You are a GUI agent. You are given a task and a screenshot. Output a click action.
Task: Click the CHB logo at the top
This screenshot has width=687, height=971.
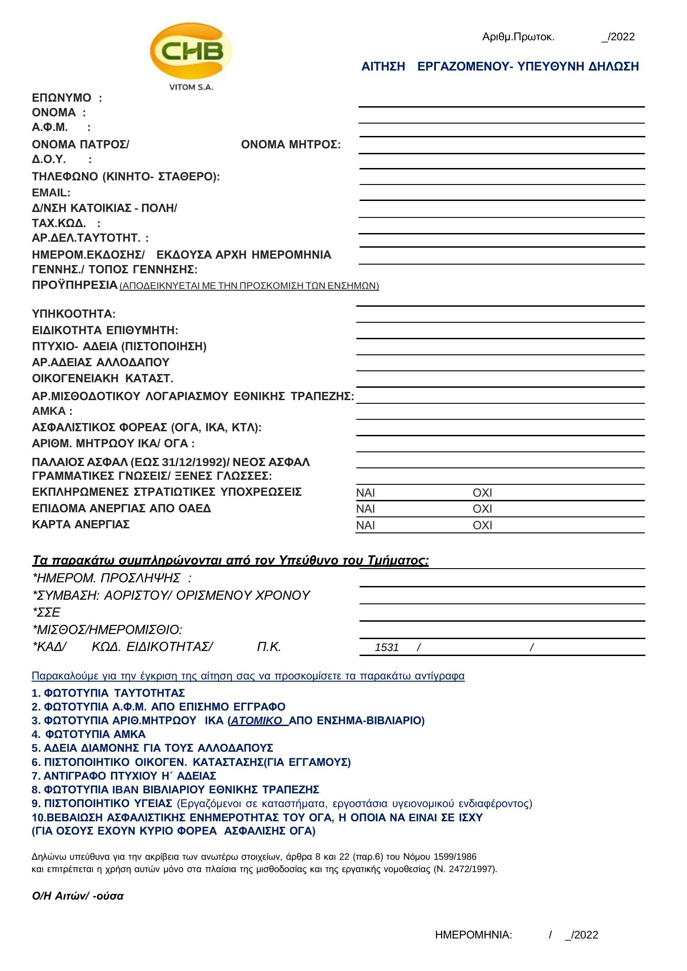pyautogui.click(x=191, y=51)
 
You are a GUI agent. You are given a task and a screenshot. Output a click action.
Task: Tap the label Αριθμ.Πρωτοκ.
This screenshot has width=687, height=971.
pyautogui.click(x=518, y=37)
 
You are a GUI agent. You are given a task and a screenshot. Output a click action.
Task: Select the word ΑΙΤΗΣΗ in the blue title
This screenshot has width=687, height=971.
pyautogui.click(x=383, y=67)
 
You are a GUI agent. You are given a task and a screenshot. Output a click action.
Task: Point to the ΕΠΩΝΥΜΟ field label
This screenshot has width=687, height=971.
pyautogui.click(x=62, y=98)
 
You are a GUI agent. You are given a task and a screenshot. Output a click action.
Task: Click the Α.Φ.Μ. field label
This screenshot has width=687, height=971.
pyautogui.click(x=50, y=127)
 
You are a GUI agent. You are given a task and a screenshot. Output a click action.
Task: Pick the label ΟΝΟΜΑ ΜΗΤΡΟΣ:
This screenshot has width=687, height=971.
pyautogui.click(x=291, y=145)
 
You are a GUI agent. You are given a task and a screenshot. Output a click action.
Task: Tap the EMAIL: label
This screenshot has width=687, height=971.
pyautogui.click(x=51, y=192)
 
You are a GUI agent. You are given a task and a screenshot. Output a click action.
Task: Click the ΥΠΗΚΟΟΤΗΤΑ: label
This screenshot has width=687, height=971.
pyautogui.click(x=74, y=314)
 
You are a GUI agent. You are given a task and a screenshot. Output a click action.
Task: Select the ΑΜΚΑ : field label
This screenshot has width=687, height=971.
pyautogui.click(x=52, y=411)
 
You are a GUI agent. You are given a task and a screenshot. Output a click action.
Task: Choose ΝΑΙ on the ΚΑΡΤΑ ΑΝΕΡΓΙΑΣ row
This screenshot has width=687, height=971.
pyautogui.click(x=365, y=526)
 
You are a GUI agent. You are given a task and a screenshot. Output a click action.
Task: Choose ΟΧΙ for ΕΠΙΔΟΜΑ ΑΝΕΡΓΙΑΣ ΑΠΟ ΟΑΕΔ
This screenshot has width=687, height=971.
pyautogui.click(x=482, y=509)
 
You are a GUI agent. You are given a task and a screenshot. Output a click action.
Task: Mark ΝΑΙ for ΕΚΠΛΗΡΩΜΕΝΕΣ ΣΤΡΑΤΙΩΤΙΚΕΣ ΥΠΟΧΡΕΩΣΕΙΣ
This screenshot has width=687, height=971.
pyautogui.click(x=365, y=493)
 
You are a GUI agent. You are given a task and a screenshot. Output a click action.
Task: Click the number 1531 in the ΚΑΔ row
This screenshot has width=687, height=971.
pyautogui.click(x=387, y=647)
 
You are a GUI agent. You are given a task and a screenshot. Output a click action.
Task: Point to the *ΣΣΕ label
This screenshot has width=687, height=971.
pyautogui.click(x=46, y=613)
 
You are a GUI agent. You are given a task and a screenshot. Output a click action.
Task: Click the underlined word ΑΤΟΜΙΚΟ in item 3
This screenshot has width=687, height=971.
pyautogui.click(x=256, y=721)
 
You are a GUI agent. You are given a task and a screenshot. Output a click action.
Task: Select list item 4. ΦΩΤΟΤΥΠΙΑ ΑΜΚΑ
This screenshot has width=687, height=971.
pyautogui.click(x=89, y=734)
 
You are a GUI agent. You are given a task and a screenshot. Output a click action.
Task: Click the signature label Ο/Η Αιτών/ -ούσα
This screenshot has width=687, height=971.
pyautogui.click(x=78, y=896)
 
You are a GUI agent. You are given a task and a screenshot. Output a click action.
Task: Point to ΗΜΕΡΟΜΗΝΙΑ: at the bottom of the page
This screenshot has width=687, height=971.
pyautogui.click(x=474, y=935)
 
